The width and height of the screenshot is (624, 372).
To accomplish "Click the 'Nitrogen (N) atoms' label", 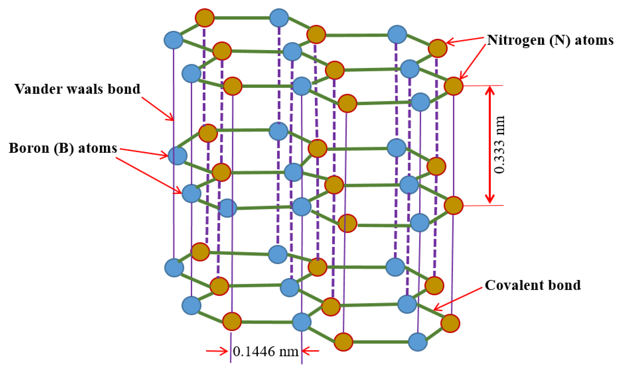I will [x=550, y=40].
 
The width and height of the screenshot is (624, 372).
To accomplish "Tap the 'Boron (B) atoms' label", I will [x=63, y=148].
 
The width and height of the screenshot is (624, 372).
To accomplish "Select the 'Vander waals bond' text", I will [x=77, y=89].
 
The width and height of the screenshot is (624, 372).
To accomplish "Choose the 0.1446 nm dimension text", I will [x=265, y=352].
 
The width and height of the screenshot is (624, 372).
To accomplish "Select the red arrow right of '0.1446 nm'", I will [x=310, y=351].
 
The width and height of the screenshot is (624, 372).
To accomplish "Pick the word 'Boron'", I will [x=29, y=148].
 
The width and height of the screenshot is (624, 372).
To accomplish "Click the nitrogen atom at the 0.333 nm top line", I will [x=454, y=86].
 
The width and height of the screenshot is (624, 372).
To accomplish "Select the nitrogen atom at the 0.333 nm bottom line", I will [x=454, y=206].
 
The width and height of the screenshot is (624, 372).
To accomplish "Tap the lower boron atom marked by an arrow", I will [x=191, y=193].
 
